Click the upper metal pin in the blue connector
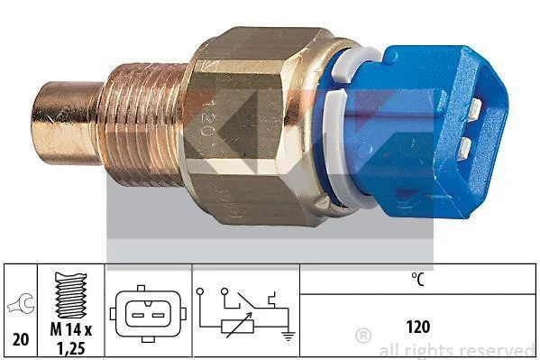tap(476, 108)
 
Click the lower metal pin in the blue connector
tap(465, 147)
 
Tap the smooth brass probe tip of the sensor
tap(66, 123)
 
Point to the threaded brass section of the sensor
tap(143, 125)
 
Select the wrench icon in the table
tap(21, 304)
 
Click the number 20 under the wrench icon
tap(21, 339)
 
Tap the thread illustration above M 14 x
tap(71, 295)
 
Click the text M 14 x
tap(71, 329)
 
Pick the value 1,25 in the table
tap(71, 348)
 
